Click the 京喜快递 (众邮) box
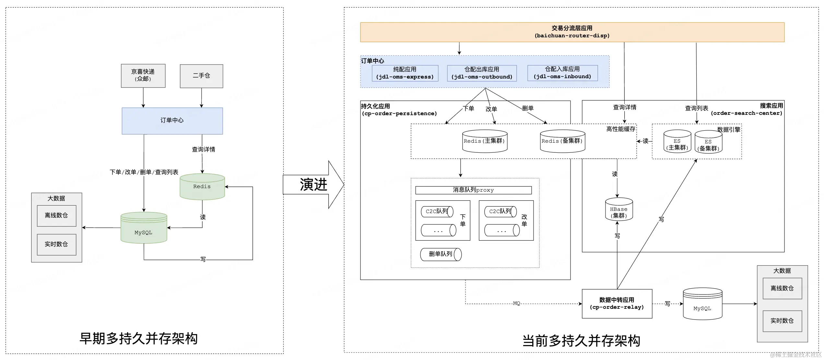pyautogui.click(x=143, y=76)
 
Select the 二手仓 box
pyautogui.click(x=201, y=76)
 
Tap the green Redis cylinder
pyautogui.click(x=202, y=187)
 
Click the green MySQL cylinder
pyautogui.click(x=144, y=228)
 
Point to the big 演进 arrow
pyautogui.click(x=313, y=185)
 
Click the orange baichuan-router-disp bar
pyautogui.click(x=572, y=32)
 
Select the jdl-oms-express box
pyautogui.click(x=405, y=73)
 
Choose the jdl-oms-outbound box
pyautogui.click(x=482, y=73)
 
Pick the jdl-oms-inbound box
pyautogui.click(x=562, y=73)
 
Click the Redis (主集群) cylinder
pyautogui.click(x=485, y=141)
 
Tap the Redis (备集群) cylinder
pyautogui.click(x=562, y=141)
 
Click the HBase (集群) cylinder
pyautogui.click(x=619, y=210)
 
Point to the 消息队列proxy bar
pyautogui.click(x=473, y=190)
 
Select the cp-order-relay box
pyautogui.click(x=617, y=304)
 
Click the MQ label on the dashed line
pyautogui.click(x=516, y=304)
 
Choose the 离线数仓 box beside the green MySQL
pyautogui.click(x=56, y=216)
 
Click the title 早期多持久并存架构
pyautogui.click(x=138, y=339)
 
